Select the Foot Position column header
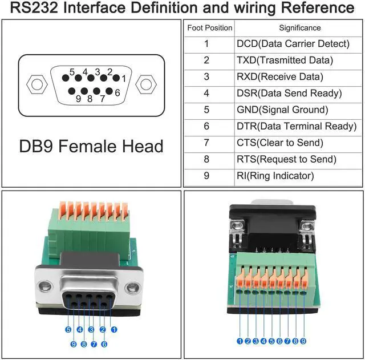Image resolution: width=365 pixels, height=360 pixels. click(209, 27)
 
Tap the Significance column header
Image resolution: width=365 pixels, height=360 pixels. click(299, 27)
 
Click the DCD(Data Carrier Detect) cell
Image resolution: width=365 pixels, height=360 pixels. click(293, 43)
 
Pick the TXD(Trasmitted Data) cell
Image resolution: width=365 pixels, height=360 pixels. click(285, 60)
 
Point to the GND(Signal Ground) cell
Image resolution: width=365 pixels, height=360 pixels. click(282, 110)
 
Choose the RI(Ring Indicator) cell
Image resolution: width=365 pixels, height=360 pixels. click(275, 176)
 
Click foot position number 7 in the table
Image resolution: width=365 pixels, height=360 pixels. click(206, 143)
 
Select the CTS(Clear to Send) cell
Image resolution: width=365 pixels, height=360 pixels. click(279, 143)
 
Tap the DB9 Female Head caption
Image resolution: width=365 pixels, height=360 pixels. click(91, 146)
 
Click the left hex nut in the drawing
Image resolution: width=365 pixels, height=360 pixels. click(37, 85)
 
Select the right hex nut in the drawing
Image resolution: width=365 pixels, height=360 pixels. click(146, 85)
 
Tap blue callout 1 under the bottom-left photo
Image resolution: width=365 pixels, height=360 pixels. click(113, 329)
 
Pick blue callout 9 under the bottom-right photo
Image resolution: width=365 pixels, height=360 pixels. click(303, 341)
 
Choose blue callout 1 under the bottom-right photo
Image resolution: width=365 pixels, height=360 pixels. click(240, 341)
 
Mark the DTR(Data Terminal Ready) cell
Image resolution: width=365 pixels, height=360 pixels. click(296, 126)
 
